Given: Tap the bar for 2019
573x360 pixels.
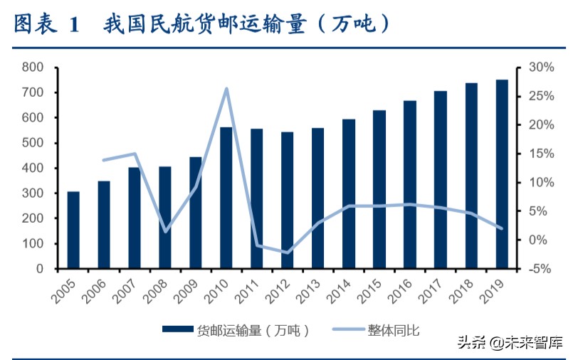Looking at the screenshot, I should tap(502, 174).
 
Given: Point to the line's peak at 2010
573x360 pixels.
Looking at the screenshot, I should tap(226, 89).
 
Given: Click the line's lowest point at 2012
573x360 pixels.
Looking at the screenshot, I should tap(288, 253).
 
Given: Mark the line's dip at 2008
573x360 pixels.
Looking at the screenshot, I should tap(165, 231).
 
